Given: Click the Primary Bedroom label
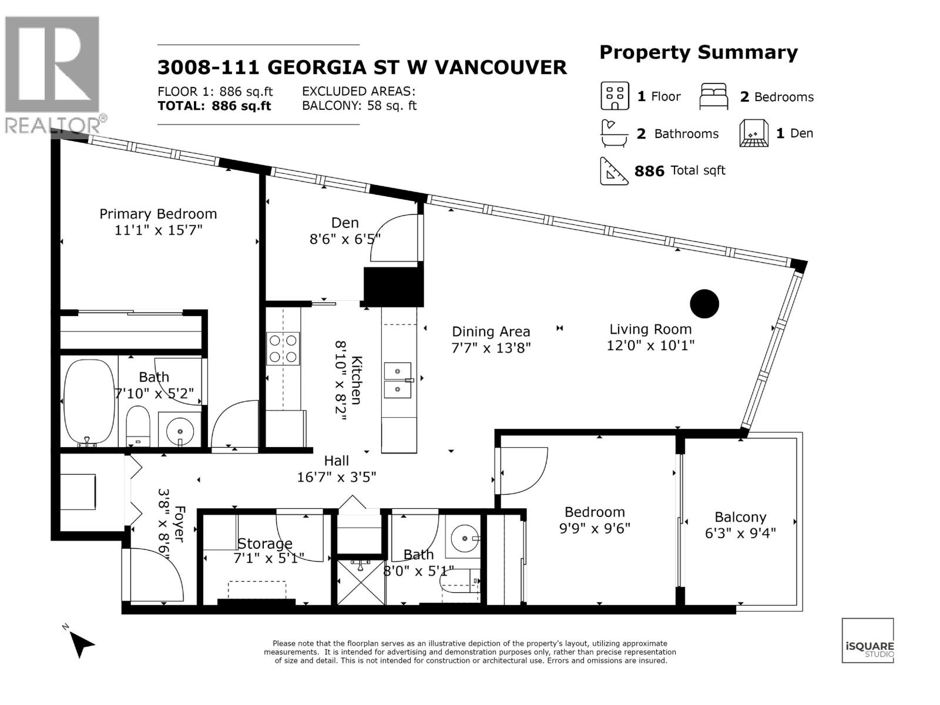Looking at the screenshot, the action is click(x=158, y=214).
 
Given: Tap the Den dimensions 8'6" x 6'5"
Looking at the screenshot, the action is click(x=345, y=239).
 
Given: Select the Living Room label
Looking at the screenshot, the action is click(x=650, y=329).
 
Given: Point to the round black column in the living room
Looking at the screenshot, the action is click(x=704, y=304).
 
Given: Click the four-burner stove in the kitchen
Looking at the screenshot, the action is click(x=283, y=348).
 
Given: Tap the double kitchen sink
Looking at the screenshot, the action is click(x=398, y=380).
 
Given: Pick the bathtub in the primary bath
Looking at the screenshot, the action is click(x=89, y=401).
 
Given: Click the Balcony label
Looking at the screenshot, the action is click(x=740, y=517).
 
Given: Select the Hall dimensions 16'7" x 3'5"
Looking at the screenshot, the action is click(x=337, y=477).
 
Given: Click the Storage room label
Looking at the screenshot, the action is click(x=264, y=543).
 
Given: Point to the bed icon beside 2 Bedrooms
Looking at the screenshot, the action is click(x=713, y=96).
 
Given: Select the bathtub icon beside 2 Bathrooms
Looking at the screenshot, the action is click(x=614, y=133).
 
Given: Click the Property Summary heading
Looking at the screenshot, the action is click(x=699, y=53).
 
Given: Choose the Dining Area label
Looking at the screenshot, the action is click(x=491, y=332).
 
